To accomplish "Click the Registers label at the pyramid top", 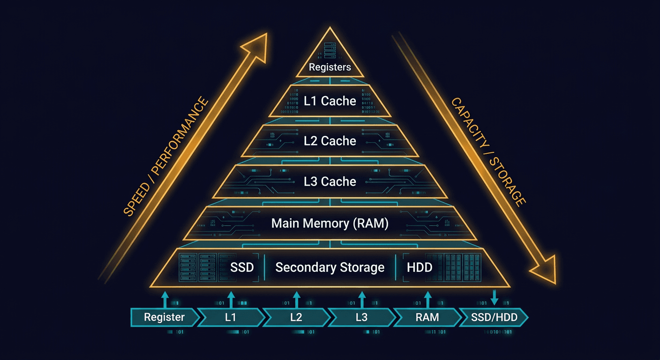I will pos(330,67).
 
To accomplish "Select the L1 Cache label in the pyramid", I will pos(330,101).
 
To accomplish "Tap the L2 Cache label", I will pos(330,141).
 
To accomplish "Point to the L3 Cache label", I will pos(330,181).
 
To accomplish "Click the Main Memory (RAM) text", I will pos(330,224).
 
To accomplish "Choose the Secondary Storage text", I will pos(330,267).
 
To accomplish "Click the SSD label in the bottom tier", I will pos(242,267).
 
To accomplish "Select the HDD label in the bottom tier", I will pos(419,267).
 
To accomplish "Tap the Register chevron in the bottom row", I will pos(165,317).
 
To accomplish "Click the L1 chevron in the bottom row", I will pos(230,317).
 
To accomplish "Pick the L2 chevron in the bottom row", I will pos(296,317).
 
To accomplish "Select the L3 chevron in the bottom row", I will pos(361,317).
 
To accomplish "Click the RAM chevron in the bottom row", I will pos(427,317).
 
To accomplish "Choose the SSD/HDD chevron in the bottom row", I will pos(494,317).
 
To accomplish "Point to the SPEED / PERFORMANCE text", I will pos(166,156).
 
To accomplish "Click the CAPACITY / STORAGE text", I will pos(488,151).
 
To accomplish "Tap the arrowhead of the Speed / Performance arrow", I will pos(255,45).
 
